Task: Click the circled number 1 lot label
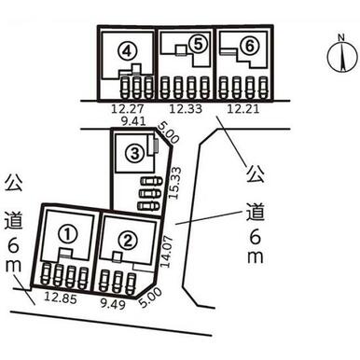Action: pyautogui.click(x=68, y=235)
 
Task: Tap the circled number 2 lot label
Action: pyautogui.click(x=128, y=240)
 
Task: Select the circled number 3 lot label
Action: pyautogui.click(x=134, y=153)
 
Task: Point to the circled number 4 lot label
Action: pyautogui.click(x=127, y=51)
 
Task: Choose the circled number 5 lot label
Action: pyautogui.click(x=198, y=44)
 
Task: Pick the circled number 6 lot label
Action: pyautogui.click(x=250, y=47)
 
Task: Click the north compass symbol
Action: pyautogui.click(x=342, y=55)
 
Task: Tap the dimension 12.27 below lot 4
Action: pyautogui.click(x=128, y=109)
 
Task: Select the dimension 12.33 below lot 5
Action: pyautogui.click(x=186, y=109)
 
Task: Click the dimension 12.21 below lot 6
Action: pyautogui.click(x=242, y=109)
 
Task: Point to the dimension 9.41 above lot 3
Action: pyautogui.click(x=133, y=121)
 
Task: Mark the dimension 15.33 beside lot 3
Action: pyautogui.click(x=175, y=183)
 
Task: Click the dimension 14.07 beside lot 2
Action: pyautogui.click(x=166, y=252)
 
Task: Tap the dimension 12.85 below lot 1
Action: pyautogui.click(x=61, y=298)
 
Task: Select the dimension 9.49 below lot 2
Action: pyautogui.click(x=113, y=304)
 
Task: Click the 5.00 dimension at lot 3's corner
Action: pyautogui.click(x=168, y=132)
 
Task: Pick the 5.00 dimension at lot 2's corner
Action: pyautogui.click(x=151, y=298)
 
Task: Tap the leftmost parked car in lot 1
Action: pyautogui.click(x=46, y=274)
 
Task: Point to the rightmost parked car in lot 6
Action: pyautogui.click(x=263, y=88)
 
